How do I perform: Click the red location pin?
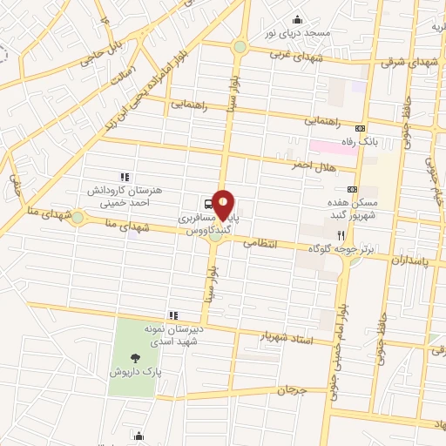[225, 203]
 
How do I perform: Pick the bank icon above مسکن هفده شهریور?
[352, 189]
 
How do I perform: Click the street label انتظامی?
[257, 244]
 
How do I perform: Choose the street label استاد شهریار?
[287, 336]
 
